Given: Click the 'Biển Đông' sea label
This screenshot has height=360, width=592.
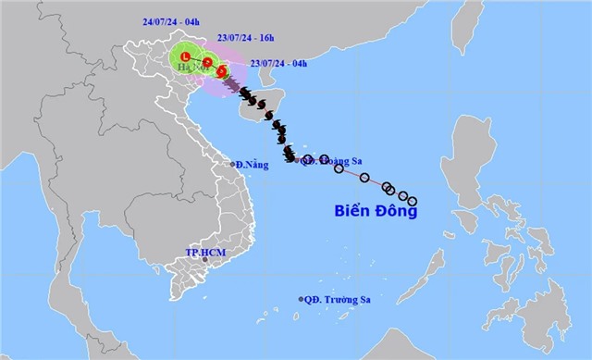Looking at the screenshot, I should pos(376,211).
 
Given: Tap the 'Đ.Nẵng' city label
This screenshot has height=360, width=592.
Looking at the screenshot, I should pos(252,164).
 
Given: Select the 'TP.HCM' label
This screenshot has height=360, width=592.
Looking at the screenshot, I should pos(205,252).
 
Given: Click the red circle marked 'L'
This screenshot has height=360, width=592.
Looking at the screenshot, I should pos(185,56).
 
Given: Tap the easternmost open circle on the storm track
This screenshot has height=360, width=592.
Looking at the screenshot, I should pos(413,201).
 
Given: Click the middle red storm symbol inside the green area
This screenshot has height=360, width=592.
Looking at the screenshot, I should pos(208,62).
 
